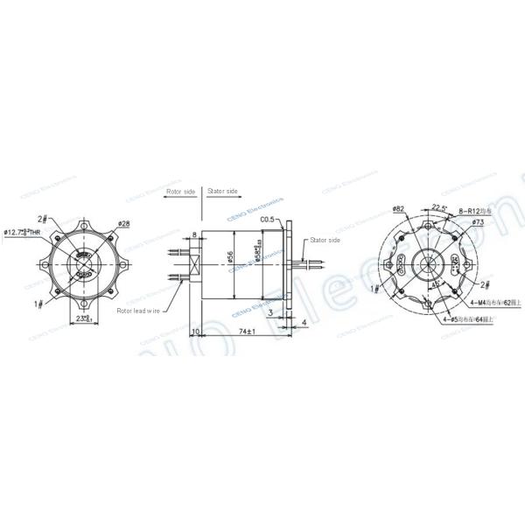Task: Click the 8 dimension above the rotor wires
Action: [193, 235]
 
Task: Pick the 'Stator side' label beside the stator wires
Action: [321, 239]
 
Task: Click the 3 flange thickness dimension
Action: [271, 311]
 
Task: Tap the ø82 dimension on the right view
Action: [397, 209]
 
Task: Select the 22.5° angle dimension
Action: [439, 207]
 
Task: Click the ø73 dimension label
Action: [478, 222]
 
